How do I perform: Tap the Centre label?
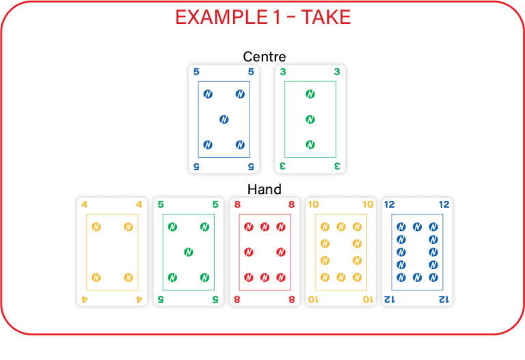pos(264,56)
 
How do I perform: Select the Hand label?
pos(265,189)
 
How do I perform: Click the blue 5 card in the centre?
pos(224,120)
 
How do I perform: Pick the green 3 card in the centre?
pos(310,120)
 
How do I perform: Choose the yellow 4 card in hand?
pos(112,252)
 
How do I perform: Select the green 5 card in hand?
pos(188,252)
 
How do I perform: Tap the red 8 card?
pos(265,252)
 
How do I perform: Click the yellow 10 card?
pos(340,252)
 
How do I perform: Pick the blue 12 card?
pos(417,252)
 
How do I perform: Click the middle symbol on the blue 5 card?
pos(224,120)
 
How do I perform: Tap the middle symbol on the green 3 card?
pos(310,120)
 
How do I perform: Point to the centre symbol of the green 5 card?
pos(188,252)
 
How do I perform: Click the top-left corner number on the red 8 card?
pos(237,204)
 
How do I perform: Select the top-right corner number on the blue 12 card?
pos(444,204)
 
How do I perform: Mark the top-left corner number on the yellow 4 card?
pos(84,204)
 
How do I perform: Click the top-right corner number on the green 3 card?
pos(336,72)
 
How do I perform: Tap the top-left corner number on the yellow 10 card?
pos(313,204)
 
